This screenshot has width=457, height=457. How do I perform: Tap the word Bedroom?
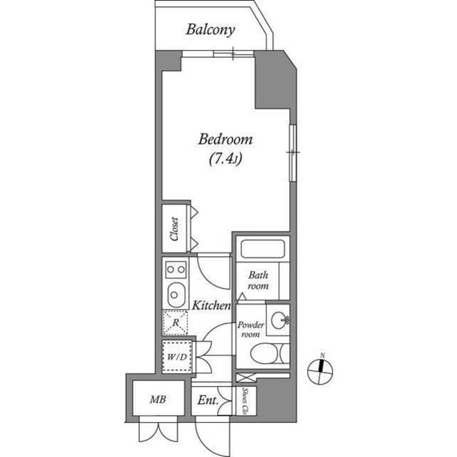pos(225,139)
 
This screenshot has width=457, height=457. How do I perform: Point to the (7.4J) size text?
pos(226,159)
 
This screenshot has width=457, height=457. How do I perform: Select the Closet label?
pos(174,228)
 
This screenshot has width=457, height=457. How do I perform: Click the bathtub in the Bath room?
pos(261,249)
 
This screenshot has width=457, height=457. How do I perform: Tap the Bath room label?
pos(258,280)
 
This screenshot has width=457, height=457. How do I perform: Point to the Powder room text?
pos(251,330)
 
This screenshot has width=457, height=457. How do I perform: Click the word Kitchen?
pos(211,305)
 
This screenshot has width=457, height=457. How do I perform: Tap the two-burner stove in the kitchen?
pos(176,270)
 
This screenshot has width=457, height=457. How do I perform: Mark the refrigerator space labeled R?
pos(175,323)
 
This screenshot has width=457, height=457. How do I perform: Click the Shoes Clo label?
pos(245,401)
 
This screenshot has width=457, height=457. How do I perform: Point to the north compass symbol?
pos(321,370)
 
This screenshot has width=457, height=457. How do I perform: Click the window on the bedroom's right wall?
pos(291,152)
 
